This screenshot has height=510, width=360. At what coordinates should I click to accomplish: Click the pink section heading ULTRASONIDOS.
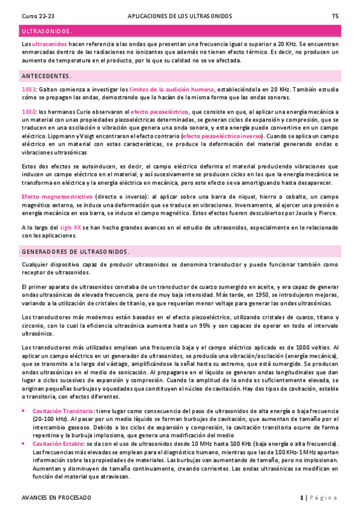(x=46, y=31)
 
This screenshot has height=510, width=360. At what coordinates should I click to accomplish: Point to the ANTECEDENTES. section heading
(x=46, y=76)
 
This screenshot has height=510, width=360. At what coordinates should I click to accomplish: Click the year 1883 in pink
(x=28, y=90)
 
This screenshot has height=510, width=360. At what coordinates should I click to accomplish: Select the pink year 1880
(x=28, y=112)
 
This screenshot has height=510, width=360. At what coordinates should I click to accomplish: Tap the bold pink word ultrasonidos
(x=49, y=45)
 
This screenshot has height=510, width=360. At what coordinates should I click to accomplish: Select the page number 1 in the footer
(x=301, y=498)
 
